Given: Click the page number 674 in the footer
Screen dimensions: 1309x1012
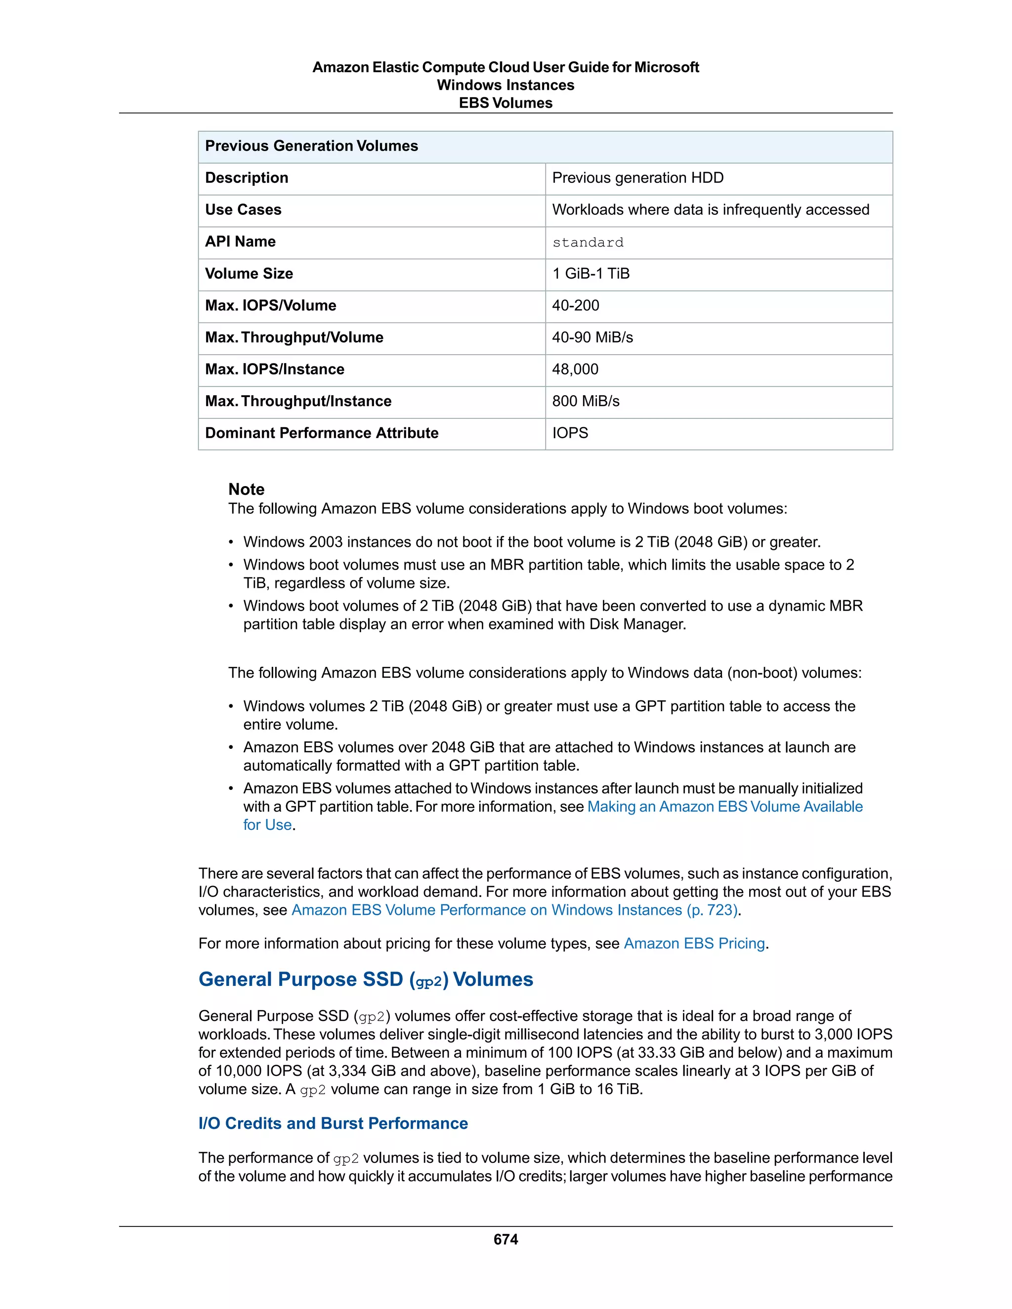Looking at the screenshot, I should pos(506,1239).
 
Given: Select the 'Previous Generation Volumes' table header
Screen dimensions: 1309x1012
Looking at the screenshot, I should pos(311,146).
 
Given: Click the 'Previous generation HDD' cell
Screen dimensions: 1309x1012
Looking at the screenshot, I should pos(637,178).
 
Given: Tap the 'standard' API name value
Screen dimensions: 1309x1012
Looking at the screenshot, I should pos(588,242).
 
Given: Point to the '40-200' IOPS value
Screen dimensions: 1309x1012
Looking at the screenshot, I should pos(576,305).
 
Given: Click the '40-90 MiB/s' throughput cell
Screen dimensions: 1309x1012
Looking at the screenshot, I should pos(592,337).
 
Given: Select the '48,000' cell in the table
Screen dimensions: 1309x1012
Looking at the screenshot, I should pos(575,369).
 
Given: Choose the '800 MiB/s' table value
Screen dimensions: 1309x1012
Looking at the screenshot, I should pos(586,401).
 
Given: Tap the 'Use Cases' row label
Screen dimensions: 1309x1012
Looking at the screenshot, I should pos(243,210).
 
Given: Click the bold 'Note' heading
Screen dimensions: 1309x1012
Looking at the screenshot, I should pos(247,489).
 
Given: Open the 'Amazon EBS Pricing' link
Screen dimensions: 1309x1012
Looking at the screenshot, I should pos(694,943).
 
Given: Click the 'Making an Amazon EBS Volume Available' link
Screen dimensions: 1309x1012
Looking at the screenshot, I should pos(724,807).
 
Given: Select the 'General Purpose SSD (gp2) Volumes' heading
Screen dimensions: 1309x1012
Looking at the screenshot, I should pos(366,980).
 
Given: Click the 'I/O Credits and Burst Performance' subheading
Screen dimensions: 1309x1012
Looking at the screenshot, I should pos(333,1123).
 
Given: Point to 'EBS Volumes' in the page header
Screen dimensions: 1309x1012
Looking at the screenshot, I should pos(506,103).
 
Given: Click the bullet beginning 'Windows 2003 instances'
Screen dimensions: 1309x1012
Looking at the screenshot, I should pos(531,542).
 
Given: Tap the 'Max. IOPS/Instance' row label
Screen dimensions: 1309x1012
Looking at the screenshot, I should pos(275,369).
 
